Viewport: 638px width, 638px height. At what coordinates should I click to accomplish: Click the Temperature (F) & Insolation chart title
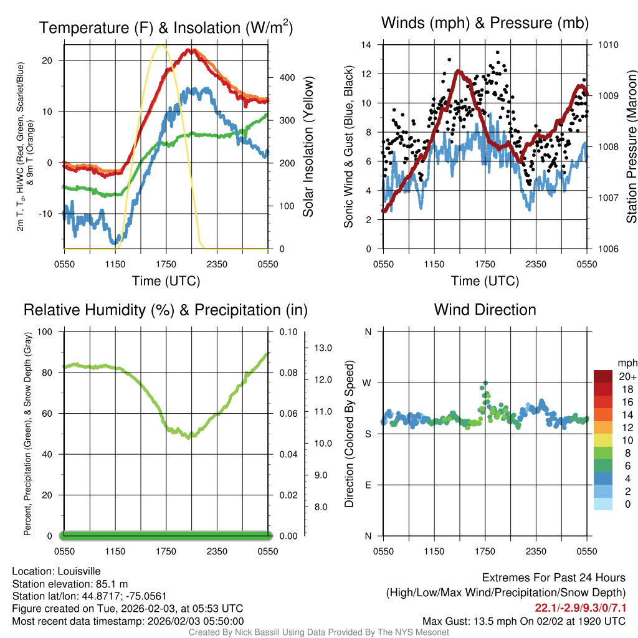click(166, 28)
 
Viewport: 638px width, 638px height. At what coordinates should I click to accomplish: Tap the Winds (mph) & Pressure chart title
click(485, 23)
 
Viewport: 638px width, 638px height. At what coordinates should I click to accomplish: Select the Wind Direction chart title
click(485, 310)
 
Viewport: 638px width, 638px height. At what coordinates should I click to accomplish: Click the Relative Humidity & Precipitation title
click(166, 310)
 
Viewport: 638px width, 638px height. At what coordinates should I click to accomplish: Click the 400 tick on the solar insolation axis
click(286, 78)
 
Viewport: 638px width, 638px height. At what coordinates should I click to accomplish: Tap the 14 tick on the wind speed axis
click(366, 45)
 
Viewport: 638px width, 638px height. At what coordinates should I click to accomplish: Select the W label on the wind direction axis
click(368, 383)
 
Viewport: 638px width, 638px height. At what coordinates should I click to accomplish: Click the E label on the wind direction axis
click(368, 485)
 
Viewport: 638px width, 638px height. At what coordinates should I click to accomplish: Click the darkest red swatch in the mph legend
click(603, 376)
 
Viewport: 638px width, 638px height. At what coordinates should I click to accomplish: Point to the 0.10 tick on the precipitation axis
click(288, 331)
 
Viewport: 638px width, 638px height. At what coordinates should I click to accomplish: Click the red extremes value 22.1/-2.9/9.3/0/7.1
click(580, 607)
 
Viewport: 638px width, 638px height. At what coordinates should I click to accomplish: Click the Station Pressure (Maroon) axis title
click(631, 147)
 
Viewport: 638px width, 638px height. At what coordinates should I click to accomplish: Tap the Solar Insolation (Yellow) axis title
click(308, 147)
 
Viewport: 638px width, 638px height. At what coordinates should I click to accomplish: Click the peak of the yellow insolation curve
click(161, 45)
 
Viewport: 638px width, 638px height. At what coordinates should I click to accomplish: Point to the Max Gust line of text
click(524, 621)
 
